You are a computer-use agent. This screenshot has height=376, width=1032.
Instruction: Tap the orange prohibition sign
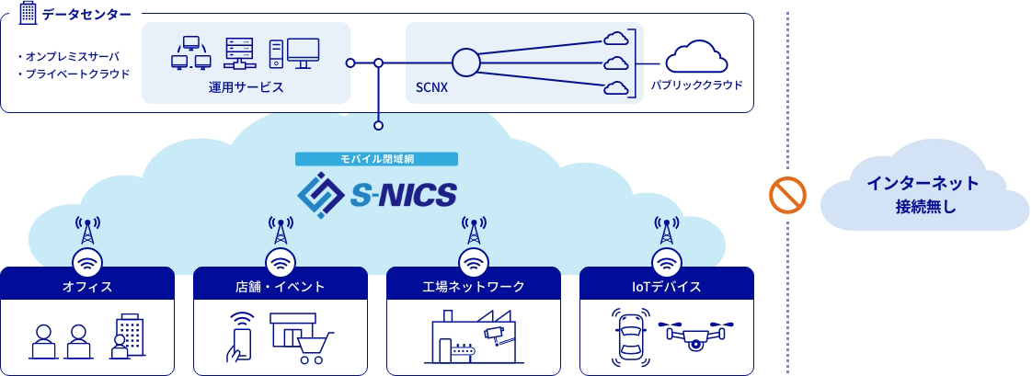click(x=787, y=194)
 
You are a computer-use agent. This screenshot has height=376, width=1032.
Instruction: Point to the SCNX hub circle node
click(x=466, y=63)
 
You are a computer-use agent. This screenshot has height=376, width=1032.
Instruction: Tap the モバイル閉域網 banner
click(x=376, y=159)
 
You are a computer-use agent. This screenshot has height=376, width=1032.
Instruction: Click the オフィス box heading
click(x=87, y=287)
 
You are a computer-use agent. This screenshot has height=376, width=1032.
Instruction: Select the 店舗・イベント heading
click(x=281, y=287)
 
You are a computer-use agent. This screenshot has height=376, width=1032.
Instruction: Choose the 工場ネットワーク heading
click(x=474, y=287)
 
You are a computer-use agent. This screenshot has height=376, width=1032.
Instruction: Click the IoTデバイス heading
click(x=666, y=287)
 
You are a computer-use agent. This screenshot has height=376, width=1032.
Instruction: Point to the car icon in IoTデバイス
click(x=631, y=336)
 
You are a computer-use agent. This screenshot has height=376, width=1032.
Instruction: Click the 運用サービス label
click(x=246, y=87)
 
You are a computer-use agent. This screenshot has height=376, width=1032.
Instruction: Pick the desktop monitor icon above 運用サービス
click(x=303, y=51)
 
